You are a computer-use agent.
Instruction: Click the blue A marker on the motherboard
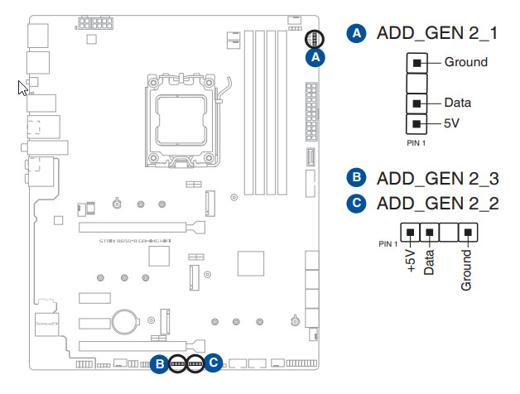pos(314,57)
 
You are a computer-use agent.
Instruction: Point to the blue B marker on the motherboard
pos(158,363)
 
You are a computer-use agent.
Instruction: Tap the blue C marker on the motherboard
pos(214,363)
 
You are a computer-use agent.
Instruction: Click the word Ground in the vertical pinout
pos(465,62)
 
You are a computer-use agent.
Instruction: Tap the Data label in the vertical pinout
pos(458,103)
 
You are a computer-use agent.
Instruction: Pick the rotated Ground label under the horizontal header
pos(466,270)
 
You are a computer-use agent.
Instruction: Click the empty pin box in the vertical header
pos(417,83)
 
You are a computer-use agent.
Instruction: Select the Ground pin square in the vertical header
pos(417,62)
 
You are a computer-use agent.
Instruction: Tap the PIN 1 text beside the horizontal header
pos(388,244)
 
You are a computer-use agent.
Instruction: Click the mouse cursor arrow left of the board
pos(23,87)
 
